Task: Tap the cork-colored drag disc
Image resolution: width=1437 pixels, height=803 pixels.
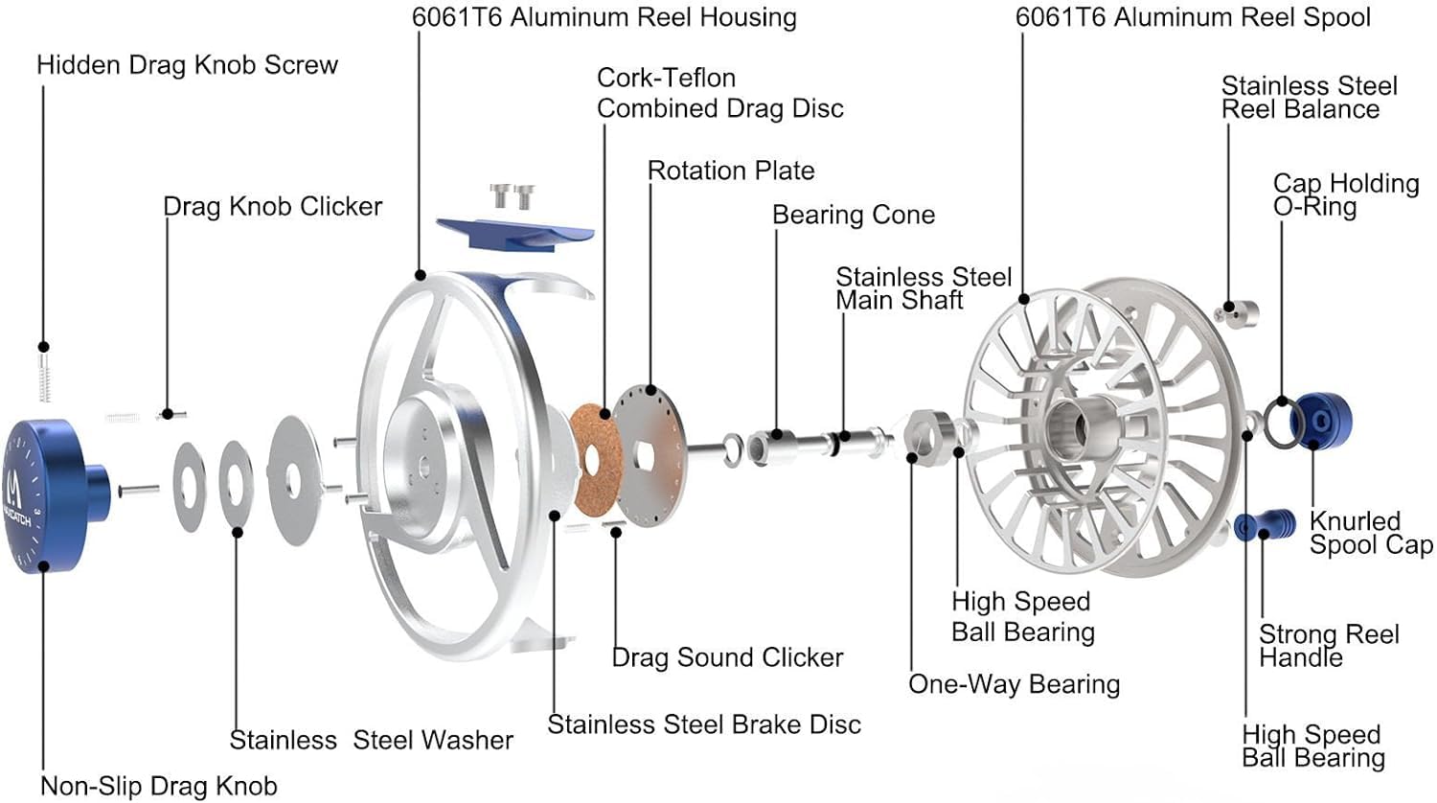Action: pos(595,458)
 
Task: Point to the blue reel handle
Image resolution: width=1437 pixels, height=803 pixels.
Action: pos(1264,526)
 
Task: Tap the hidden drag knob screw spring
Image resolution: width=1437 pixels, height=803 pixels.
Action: pos(44,378)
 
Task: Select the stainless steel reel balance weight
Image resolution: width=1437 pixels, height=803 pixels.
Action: pos(1237,313)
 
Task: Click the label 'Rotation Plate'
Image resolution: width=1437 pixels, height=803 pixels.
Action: pos(731,171)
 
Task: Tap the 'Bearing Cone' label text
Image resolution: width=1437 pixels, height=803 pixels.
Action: pos(854,215)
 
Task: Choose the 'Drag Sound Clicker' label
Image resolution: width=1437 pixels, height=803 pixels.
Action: pos(727,657)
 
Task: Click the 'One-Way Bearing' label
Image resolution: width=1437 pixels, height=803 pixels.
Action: pos(1015,684)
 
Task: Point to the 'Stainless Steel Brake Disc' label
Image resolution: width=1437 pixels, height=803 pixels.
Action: pos(704,724)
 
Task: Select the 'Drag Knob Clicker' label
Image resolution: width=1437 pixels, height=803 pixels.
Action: pos(273,207)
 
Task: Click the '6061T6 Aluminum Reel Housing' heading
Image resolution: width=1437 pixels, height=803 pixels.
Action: pos(604,18)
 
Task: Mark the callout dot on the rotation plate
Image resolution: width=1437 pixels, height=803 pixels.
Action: pos(650,390)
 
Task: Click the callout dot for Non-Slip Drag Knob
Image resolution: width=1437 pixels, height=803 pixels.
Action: pos(44,565)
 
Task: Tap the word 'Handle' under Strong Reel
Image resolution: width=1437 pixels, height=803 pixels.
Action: pos(1300,658)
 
